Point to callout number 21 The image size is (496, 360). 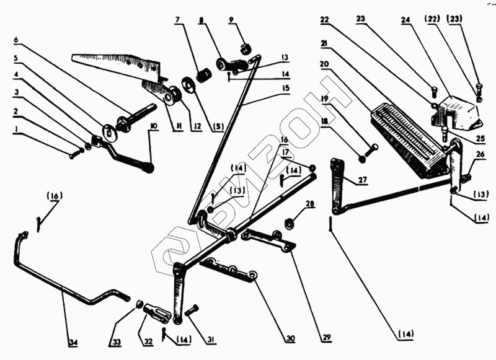324,43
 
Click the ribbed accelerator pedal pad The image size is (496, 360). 406,133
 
